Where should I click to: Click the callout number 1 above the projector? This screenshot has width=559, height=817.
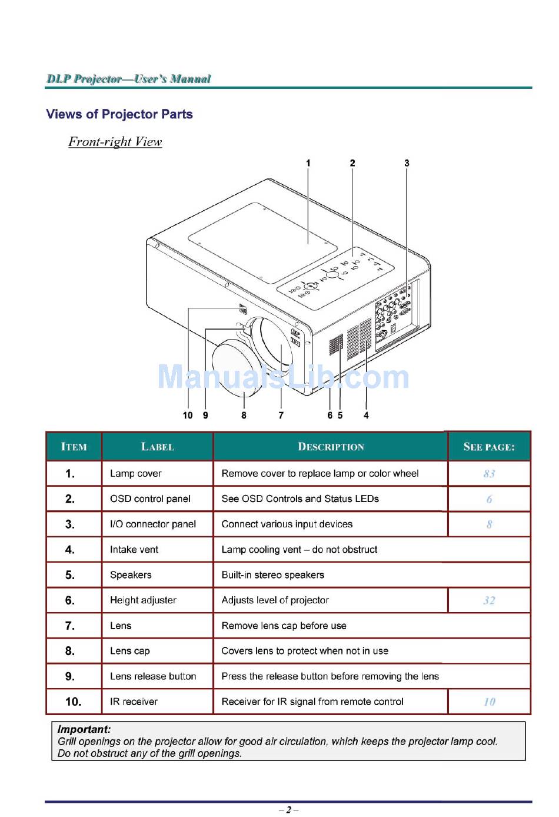(308, 163)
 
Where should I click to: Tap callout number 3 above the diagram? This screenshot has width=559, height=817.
(407, 163)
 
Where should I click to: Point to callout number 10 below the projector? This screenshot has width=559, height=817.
(188, 416)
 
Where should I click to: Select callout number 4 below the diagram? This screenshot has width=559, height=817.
(366, 416)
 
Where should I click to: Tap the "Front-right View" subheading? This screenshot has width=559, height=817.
(115, 142)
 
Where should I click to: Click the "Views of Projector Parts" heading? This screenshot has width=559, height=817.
(119, 114)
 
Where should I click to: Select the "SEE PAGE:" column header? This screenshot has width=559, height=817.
(489, 447)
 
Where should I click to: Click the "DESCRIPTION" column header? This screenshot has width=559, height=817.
(331, 447)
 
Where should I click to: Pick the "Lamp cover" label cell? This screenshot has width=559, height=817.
(136, 473)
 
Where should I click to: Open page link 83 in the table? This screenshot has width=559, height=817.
(489, 474)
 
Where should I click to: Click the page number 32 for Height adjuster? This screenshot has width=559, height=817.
(489, 600)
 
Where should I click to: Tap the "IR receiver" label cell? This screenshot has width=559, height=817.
(134, 702)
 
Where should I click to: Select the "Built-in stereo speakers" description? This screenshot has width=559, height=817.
(273, 575)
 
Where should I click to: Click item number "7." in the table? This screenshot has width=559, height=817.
(70, 626)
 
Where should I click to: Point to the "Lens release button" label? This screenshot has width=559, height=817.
(153, 676)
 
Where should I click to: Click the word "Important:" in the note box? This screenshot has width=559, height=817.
(84, 729)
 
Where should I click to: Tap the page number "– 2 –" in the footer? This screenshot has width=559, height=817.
(288, 810)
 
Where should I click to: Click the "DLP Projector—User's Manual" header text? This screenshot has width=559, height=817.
(129, 79)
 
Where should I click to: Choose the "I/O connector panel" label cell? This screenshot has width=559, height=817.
(153, 524)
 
